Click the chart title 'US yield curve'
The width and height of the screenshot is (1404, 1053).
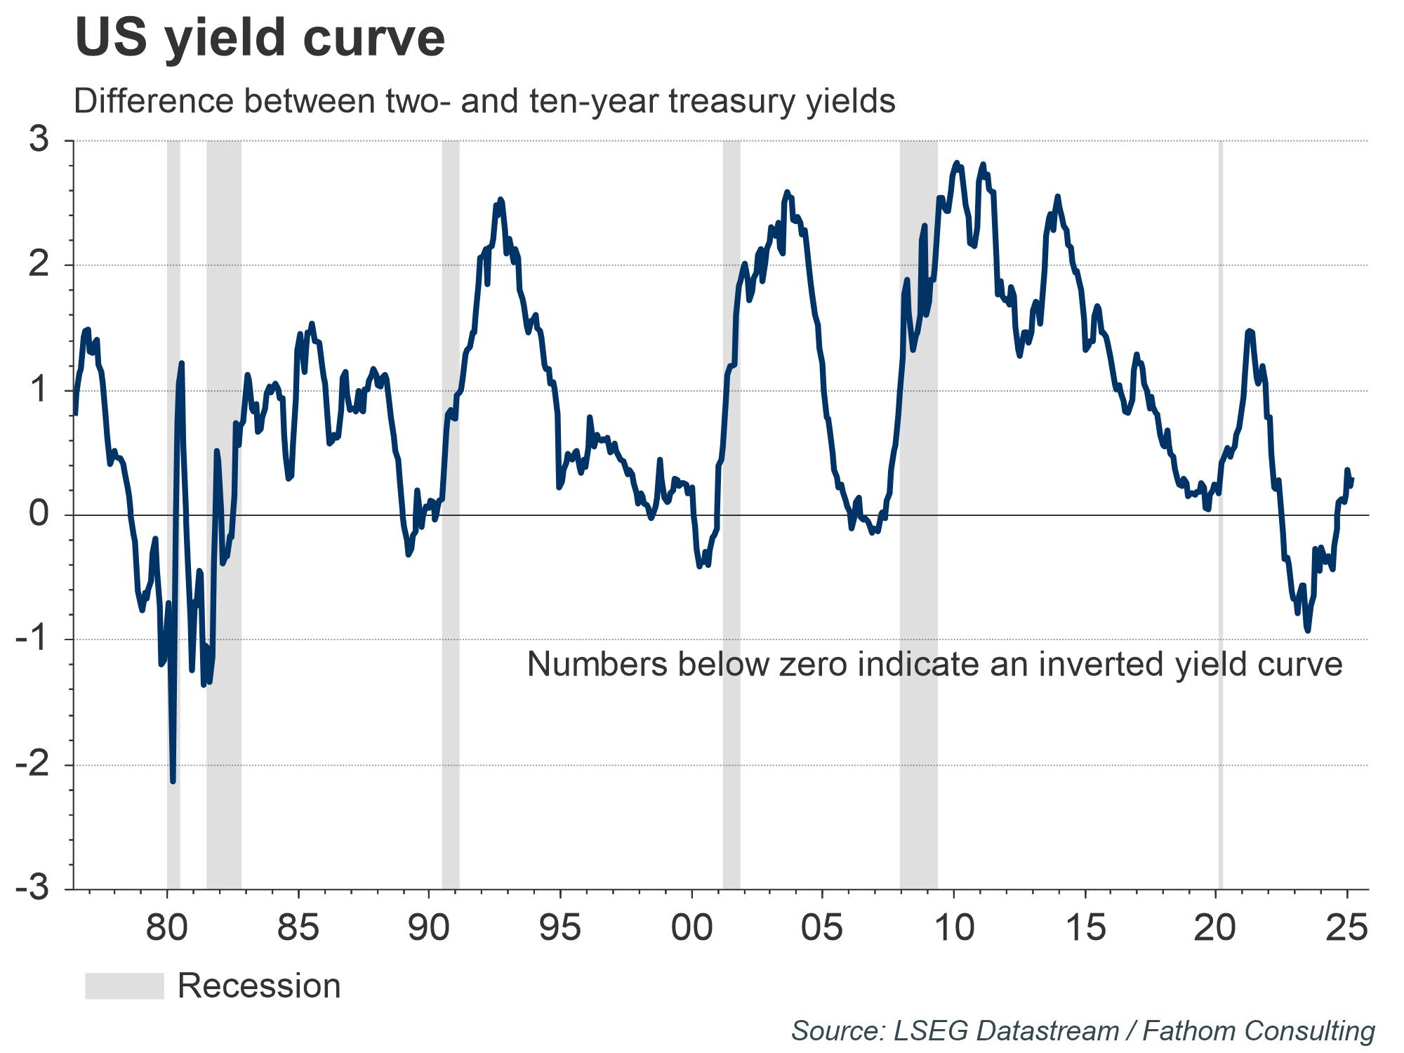pos(260,38)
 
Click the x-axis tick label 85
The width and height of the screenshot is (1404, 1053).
pos(298,928)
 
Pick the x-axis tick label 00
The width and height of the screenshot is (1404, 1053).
pos(691,928)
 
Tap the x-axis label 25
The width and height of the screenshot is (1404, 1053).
pos(1346,928)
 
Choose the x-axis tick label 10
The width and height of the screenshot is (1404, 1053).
pos(954,928)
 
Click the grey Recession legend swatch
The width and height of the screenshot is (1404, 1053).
pos(124,986)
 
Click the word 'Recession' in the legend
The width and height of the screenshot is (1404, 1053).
pos(259,986)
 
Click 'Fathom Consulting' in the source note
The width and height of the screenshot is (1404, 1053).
pos(1258,1031)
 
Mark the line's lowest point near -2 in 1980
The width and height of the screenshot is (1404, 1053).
pos(173,781)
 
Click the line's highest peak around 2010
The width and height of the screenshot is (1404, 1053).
pos(956,163)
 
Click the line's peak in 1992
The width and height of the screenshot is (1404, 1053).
pos(500,199)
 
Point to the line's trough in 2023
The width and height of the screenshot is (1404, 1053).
pos(1307,630)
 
